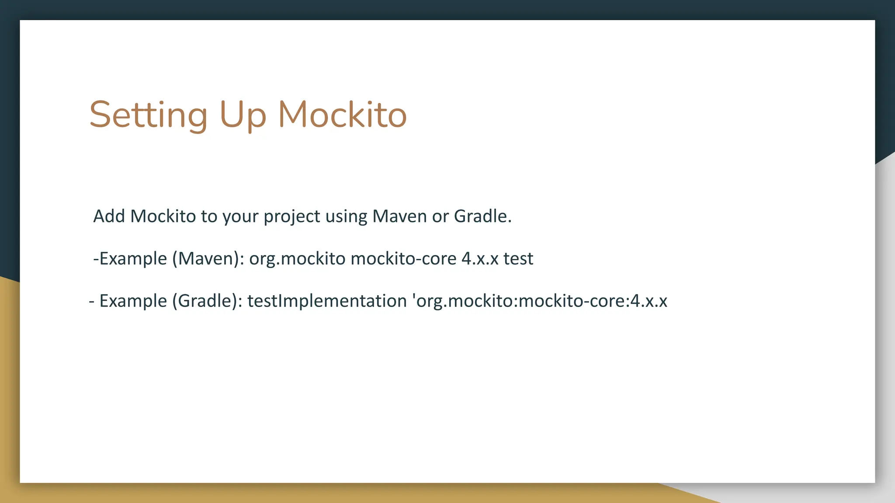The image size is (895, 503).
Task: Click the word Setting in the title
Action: (x=148, y=115)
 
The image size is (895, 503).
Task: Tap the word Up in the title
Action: (x=243, y=115)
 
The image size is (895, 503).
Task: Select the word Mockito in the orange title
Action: (x=342, y=115)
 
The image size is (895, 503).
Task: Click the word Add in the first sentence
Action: (x=109, y=216)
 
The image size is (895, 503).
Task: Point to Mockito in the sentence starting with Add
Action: (x=163, y=216)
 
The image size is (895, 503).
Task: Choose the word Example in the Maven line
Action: (x=133, y=259)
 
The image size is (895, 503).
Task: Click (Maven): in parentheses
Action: (x=208, y=259)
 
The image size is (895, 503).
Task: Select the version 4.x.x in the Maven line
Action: (x=480, y=258)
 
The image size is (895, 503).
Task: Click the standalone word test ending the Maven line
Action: (x=518, y=258)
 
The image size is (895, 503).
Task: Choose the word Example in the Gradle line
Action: (x=133, y=301)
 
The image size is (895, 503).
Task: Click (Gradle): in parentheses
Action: (x=207, y=301)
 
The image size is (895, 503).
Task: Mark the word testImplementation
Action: (x=327, y=301)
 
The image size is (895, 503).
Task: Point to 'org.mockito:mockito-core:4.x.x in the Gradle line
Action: (x=540, y=301)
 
